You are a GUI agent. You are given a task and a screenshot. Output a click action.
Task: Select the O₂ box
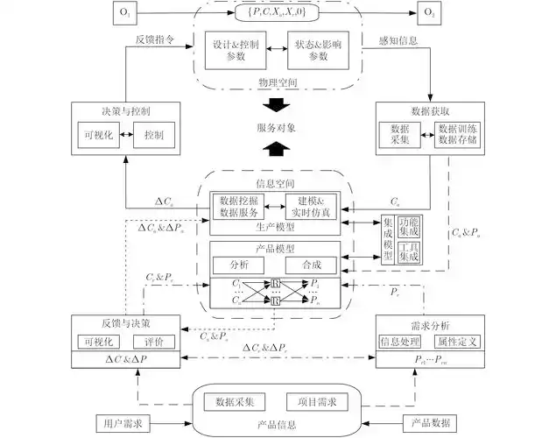[x=431, y=14]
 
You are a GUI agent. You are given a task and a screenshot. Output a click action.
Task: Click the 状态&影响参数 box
[x=318, y=50]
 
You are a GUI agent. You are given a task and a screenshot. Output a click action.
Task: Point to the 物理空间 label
[x=278, y=83]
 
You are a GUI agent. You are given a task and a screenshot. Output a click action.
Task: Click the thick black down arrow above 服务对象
[x=278, y=106]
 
